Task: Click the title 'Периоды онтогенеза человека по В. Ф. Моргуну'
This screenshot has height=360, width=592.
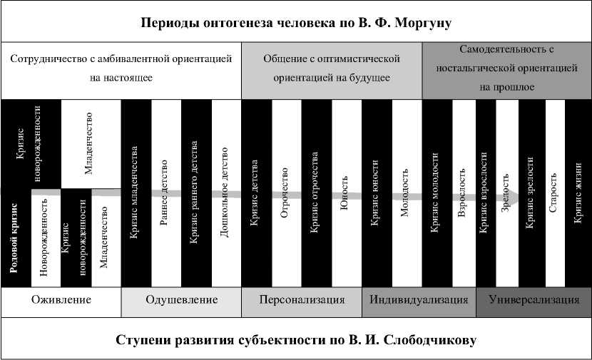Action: pos(296,22)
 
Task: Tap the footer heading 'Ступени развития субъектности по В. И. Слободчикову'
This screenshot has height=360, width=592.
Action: pos(296,339)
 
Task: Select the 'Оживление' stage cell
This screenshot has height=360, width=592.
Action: pos(61,300)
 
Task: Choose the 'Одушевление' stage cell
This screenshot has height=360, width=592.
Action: pos(181,300)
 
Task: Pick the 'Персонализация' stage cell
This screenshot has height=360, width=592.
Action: pos(302,300)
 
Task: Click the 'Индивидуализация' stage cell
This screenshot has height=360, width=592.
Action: pos(419,300)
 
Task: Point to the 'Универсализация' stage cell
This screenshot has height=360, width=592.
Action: pos(534,300)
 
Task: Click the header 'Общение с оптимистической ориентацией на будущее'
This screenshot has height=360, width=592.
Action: pos(332,68)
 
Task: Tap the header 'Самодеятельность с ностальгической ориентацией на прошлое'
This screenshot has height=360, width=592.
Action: pos(507,68)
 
